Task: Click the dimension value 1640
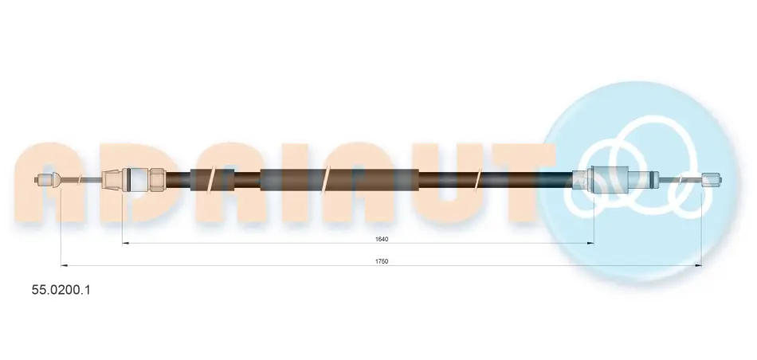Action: coord(382,239)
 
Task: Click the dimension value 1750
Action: coord(382,261)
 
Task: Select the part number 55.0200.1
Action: coord(61,290)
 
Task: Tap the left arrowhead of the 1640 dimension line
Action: coord(126,243)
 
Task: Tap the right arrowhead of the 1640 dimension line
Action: coord(590,243)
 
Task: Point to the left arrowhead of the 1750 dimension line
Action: coord(65,265)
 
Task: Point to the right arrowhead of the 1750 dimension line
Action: coord(698,265)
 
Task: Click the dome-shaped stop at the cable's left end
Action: coord(56,181)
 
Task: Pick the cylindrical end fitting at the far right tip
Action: coord(711,181)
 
